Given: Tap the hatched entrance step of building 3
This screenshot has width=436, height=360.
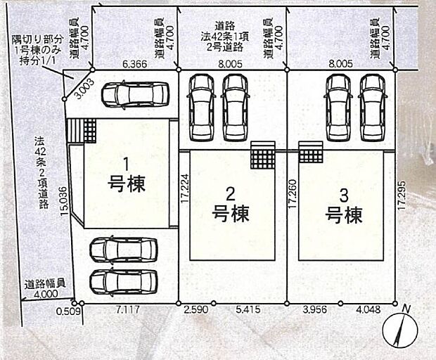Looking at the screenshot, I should pos(310,150).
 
